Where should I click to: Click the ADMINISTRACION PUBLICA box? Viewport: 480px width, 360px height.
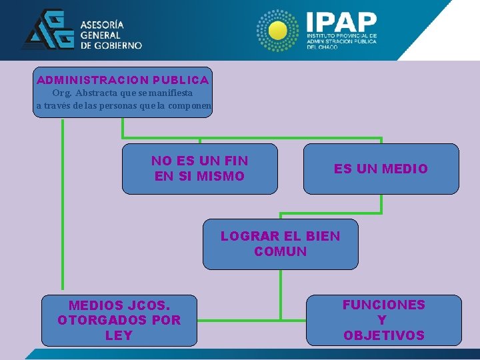click(123, 92)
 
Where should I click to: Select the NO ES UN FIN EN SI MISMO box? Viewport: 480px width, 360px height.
click(199, 169)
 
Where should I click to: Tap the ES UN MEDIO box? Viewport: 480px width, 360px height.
click(381, 169)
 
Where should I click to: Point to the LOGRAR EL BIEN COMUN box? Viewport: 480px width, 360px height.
click(280, 244)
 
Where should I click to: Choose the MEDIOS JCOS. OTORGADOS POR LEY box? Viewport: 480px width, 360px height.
click(119, 321)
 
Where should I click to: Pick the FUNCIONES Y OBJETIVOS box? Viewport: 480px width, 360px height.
click(383, 321)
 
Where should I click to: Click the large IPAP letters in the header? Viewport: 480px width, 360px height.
click(341, 21)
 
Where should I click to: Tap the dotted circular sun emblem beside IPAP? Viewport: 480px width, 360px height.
click(278, 31)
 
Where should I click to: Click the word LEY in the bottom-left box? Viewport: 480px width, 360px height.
click(119, 335)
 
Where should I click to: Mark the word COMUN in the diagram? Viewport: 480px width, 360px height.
click(280, 252)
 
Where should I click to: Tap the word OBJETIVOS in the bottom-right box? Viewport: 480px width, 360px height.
click(383, 335)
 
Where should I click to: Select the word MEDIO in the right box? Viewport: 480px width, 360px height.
click(405, 169)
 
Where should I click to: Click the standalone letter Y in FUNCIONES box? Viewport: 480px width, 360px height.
click(382, 320)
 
